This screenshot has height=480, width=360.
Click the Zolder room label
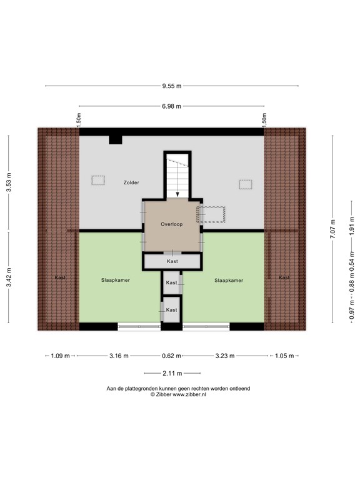[131, 182]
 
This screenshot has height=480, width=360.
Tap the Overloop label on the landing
[171, 224]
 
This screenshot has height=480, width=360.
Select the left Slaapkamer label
[116, 281]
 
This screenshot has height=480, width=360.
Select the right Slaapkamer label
[228, 281]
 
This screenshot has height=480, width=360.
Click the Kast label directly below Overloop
[172, 261]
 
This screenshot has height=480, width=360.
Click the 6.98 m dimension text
[171, 106]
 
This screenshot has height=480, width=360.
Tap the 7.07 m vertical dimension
[334, 229]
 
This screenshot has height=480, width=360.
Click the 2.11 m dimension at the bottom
[172, 374]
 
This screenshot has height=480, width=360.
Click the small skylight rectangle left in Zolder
[98, 181]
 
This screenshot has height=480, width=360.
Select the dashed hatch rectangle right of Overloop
[211, 214]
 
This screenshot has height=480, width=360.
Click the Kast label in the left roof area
[60, 277]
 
